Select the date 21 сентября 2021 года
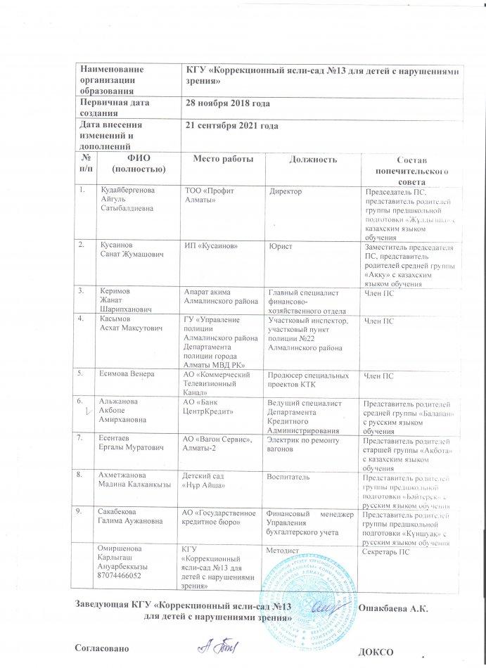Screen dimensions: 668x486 point(231,126)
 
